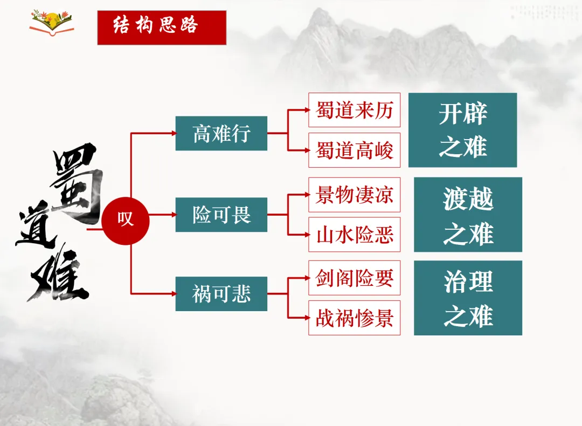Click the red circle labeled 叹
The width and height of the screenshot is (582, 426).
[126, 220]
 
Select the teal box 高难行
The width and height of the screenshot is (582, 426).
[221, 133]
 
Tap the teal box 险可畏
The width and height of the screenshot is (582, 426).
[221, 215]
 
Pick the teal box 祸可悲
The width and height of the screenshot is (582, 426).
[221, 294]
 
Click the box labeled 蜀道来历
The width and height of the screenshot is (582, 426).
[354, 110]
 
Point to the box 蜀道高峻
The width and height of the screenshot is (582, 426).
[354, 150]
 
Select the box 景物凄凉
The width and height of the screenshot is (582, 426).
[354, 195]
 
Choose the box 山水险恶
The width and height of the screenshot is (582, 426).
[354, 235]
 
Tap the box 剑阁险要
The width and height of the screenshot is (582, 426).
[354, 278]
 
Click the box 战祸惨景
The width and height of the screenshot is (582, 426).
[354, 318]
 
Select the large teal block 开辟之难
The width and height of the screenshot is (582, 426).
[462, 130]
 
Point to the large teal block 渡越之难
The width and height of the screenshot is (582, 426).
[468, 215]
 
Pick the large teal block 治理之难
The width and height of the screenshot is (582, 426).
[468, 298]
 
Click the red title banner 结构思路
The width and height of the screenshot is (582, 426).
[162, 27]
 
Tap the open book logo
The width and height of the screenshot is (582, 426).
[52, 23]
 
